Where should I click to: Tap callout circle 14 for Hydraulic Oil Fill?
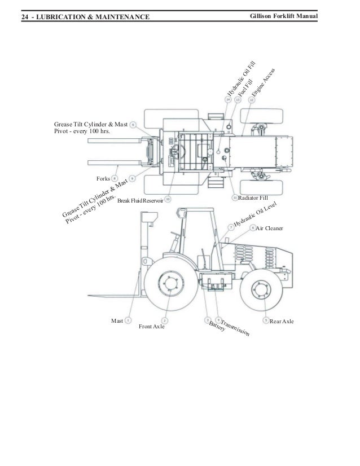point(229,99)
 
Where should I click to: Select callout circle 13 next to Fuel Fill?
point(238,99)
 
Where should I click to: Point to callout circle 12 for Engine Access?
point(251,99)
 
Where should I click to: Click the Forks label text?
point(103,179)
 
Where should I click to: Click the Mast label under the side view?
point(117,321)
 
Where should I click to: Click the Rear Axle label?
point(282,321)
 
